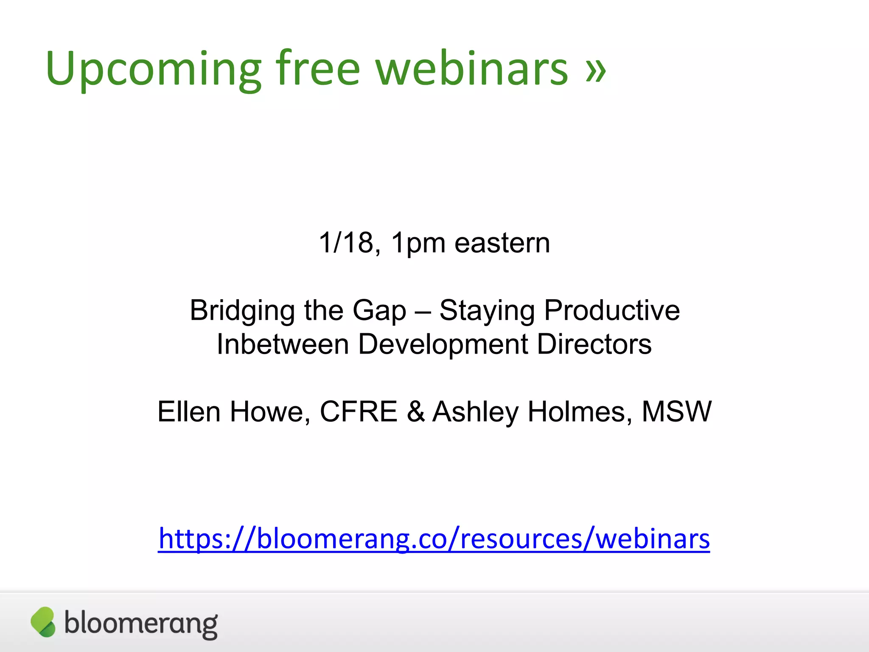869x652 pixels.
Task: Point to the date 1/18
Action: pos(346,243)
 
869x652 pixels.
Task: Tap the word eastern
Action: pos(502,243)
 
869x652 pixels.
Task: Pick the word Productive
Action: pos(612,310)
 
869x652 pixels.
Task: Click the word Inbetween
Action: pos(282,344)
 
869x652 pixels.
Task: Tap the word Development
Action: pos(443,345)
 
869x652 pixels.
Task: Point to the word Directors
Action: pos(594,344)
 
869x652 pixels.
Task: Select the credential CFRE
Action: pos(358,412)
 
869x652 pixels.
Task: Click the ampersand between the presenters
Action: pos(415,412)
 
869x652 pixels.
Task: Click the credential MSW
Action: pos(676,412)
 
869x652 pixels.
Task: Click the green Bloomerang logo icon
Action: pos(43,622)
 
